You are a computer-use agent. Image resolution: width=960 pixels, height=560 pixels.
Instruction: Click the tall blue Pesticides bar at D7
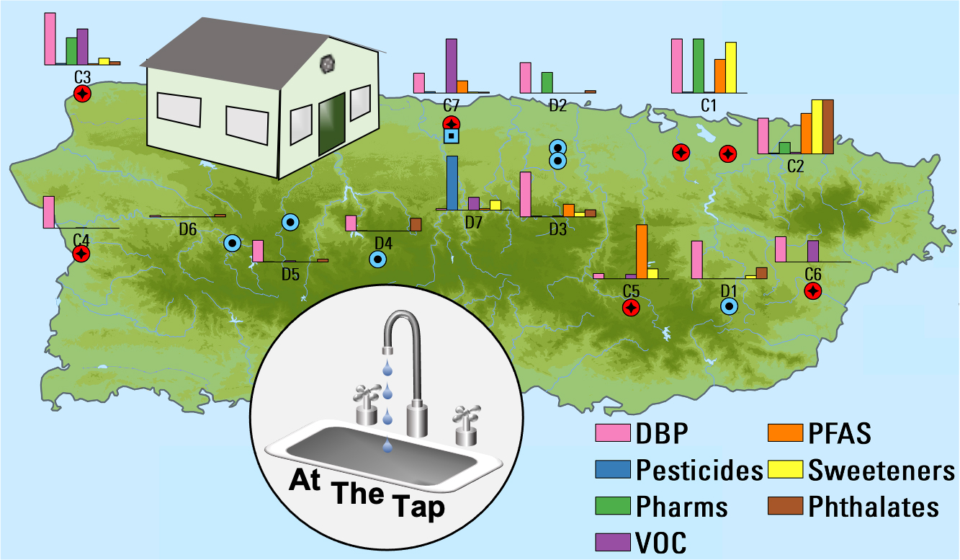coord(452,182)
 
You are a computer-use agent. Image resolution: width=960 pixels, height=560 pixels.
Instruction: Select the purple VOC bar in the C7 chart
coord(452,66)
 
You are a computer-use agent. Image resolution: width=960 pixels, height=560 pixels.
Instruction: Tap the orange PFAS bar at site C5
coord(642,252)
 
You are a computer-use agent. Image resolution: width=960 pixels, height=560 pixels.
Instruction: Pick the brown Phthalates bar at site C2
coord(828,127)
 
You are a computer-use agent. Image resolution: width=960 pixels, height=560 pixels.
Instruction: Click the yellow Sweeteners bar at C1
coord(731,67)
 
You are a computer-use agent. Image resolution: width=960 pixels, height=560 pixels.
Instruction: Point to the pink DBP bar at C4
coord(49,212)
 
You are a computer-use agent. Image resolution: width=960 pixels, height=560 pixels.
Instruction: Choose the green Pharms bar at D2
coord(547,82)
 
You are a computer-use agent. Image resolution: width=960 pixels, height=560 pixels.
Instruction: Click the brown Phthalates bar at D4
coord(416,225)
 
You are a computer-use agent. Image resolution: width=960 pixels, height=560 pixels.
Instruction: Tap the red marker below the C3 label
coord(82,94)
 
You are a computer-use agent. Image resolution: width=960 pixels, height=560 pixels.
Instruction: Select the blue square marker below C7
coord(452,136)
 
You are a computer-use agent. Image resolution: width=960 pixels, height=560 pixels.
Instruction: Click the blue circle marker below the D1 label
coord(729,306)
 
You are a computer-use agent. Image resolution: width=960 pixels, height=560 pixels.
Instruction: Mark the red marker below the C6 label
coord(812,292)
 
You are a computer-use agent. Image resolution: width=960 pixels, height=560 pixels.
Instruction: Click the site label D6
coord(188,230)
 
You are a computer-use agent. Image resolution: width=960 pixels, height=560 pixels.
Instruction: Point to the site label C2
coord(795,166)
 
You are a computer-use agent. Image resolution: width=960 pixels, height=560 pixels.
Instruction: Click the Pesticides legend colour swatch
coord(613,469)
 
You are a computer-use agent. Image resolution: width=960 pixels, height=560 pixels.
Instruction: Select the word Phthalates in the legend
coord(874,507)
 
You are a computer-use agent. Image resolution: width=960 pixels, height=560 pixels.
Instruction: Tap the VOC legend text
coord(661,543)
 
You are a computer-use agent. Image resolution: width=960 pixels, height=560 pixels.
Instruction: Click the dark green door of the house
coord(332,123)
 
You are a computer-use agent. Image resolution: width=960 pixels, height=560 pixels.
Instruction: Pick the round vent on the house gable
coord(328,64)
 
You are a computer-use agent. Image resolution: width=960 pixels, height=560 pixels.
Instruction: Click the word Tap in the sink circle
coord(418,507)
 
